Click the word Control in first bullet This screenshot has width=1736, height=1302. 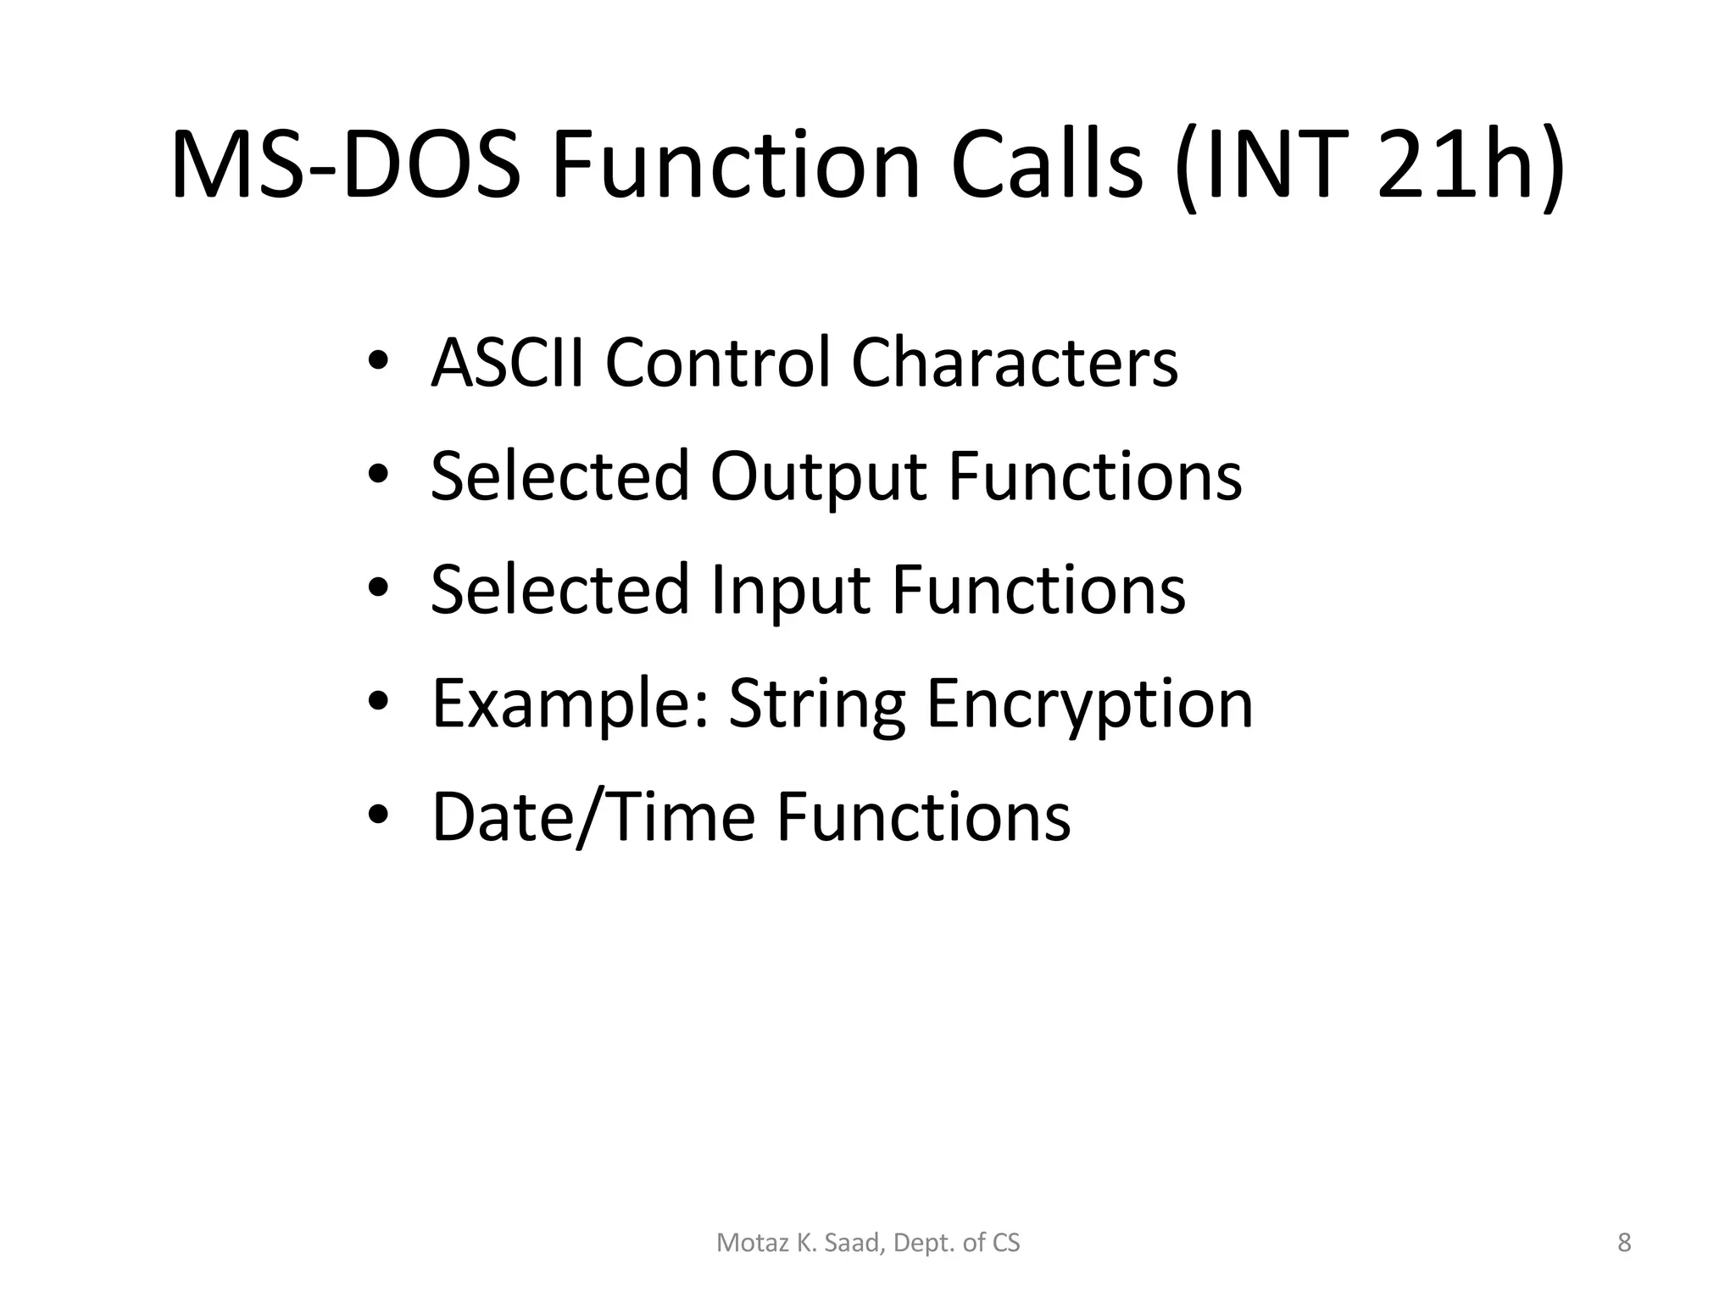coord(717,363)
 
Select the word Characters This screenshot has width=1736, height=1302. coord(1014,363)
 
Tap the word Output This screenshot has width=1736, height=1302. coord(818,476)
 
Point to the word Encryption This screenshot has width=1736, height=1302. coord(1089,704)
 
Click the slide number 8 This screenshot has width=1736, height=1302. coord(1624,1243)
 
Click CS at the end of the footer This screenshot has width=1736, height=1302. coord(1005,1243)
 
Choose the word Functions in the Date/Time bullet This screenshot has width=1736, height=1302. coord(923,817)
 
